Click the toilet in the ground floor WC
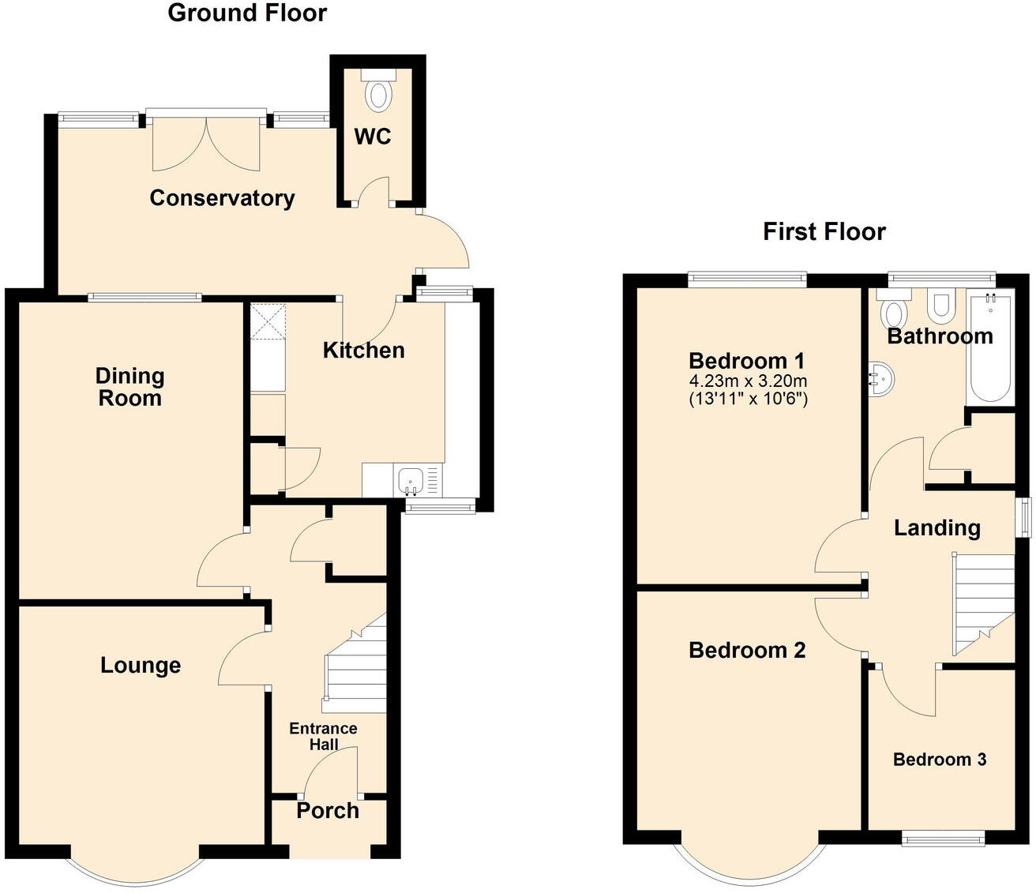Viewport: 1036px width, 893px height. [379, 92]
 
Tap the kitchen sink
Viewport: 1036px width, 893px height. [411, 479]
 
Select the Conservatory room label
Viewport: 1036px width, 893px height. [222, 197]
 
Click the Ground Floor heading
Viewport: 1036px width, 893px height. [247, 13]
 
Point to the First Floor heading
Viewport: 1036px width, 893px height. [824, 231]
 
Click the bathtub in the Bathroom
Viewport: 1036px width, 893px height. [989, 347]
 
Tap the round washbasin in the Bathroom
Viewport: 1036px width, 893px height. [883, 378]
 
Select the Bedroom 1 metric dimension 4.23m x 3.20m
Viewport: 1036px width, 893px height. [748, 381]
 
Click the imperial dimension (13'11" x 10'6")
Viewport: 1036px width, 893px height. [748, 399]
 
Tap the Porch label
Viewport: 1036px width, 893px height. [328, 811]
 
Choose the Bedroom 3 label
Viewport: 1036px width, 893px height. [939, 760]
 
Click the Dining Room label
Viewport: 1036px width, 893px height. [129, 387]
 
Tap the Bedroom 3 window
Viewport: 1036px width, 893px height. [943, 839]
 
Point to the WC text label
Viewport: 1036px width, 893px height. [373, 137]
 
